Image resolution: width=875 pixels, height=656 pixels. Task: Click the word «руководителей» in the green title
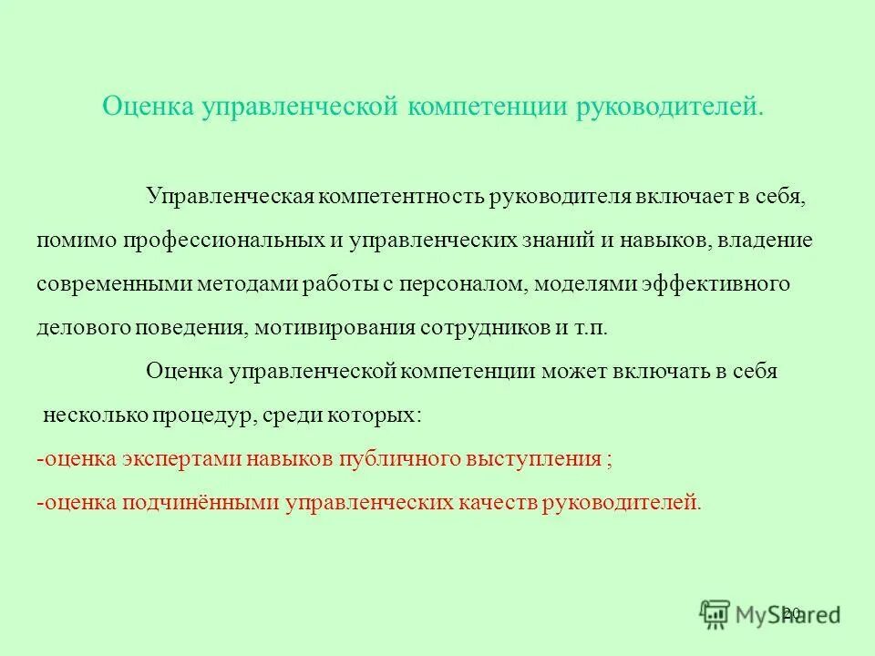(668, 107)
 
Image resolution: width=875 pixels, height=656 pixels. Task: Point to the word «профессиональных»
(221, 241)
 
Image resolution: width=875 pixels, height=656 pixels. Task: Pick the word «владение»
(767, 241)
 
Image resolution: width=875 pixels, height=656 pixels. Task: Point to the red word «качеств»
(499, 503)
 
